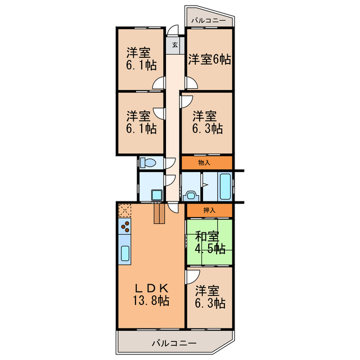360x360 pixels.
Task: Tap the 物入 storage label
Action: pyautogui.click(x=205, y=163)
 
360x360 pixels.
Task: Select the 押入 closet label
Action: pyautogui.click(x=209, y=210)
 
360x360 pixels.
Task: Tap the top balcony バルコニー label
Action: pyautogui.click(x=208, y=21)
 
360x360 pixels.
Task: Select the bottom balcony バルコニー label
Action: pyautogui.click(x=173, y=343)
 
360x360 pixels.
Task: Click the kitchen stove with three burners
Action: pyautogui.click(x=125, y=227)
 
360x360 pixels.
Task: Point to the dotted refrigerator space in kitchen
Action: pyautogui.click(x=124, y=211)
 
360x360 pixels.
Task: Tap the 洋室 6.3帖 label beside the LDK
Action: pyautogui.click(x=210, y=298)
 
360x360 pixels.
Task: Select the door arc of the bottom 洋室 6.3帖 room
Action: pyautogui.click(x=192, y=276)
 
